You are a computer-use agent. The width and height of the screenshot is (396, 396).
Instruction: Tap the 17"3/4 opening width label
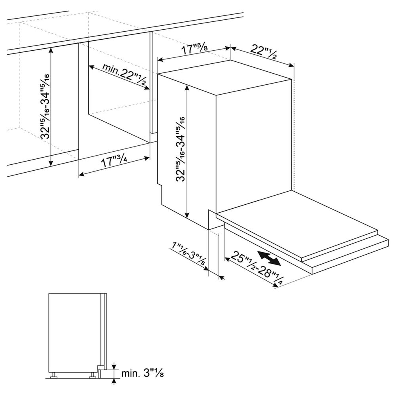click(114, 160)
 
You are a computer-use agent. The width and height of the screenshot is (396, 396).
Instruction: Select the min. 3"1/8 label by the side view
click(143, 373)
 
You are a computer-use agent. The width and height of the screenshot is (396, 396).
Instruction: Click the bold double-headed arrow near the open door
click(269, 258)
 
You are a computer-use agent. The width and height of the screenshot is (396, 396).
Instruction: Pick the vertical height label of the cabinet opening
click(45, 106)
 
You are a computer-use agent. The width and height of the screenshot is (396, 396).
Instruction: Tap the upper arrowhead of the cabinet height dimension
click(51, 50)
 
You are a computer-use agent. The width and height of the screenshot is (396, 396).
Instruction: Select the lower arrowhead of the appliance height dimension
click(187, 215)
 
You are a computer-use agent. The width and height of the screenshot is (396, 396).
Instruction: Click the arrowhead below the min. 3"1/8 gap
click(114, 381)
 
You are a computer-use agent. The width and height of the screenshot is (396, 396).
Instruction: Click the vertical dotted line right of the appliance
click(294, 135)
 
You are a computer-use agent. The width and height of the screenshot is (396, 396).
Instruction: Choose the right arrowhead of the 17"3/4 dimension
click(147, 158)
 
